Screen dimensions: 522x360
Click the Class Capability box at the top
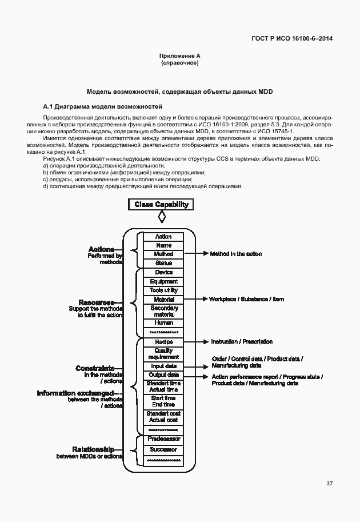tap(162, 204)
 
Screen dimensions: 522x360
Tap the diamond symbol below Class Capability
tap(162, 217)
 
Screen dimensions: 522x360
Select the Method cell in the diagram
tap(163, 254)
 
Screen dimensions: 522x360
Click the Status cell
tap(163, 263)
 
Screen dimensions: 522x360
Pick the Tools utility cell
tap(163, 290)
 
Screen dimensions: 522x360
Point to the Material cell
tap(163, 299)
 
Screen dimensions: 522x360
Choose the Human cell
tap(163, 322)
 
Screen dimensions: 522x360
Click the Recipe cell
tap(163, 341)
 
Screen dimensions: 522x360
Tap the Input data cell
tap(163, 366)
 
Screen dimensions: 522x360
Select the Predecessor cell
tap(163, 439)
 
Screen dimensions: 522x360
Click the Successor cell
tap(163, 449)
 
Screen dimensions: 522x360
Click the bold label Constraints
tap(95, 369)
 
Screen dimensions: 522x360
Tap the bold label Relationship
tap(93, 449)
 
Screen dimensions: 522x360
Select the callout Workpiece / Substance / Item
tap(246, 299)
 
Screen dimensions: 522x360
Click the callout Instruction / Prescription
tap(242, 341)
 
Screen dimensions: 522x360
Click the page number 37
tap(329, 484)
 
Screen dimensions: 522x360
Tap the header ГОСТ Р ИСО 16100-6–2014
tap(292, 38)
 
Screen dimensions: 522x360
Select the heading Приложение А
tap(180, 55)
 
